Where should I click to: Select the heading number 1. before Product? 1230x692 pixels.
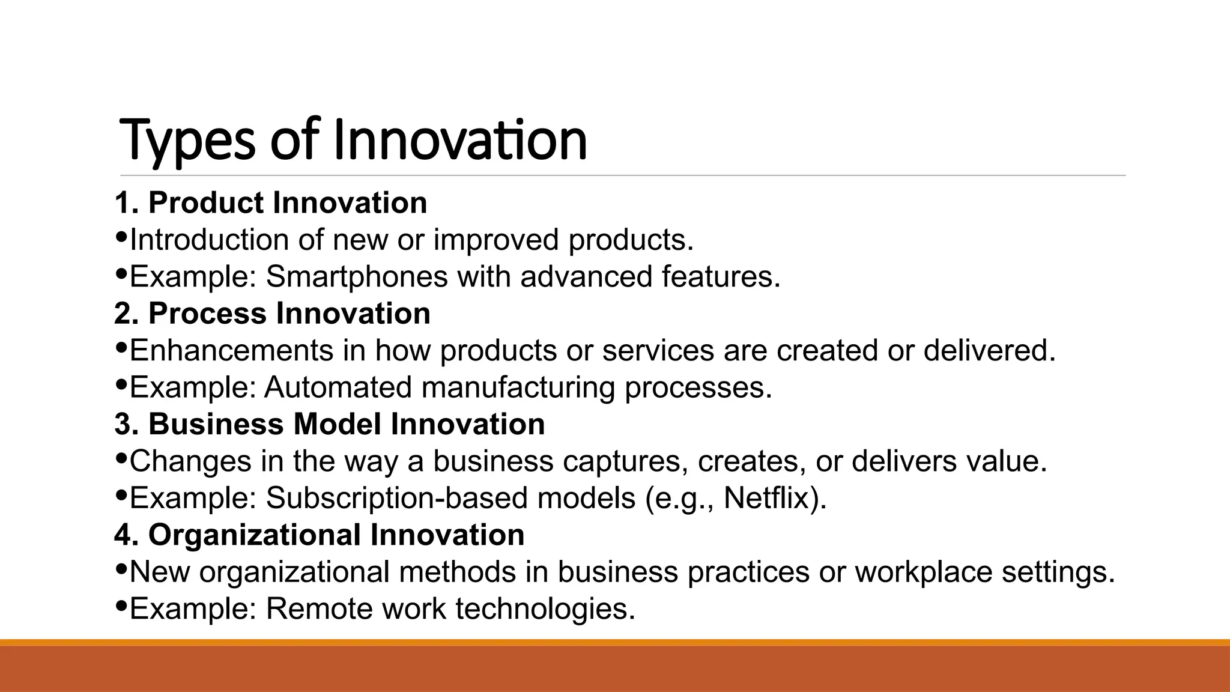coord(127,203)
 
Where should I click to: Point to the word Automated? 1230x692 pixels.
coord(338,387)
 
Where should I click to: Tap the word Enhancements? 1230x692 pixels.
coord(231,351)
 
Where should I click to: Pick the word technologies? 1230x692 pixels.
coord(544,609)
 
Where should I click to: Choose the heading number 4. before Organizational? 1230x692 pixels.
coord(127,535)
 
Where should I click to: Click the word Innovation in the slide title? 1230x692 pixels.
coord(459,141)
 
